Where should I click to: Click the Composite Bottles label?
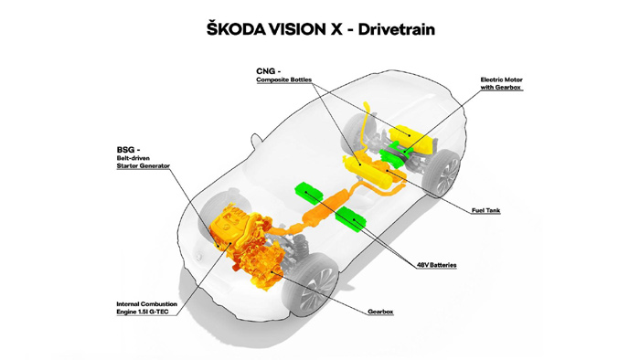click(283, 80)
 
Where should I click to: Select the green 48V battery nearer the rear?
click(351, 219)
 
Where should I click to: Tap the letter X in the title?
click(342, 28)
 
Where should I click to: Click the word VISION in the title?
click(303, 28)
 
